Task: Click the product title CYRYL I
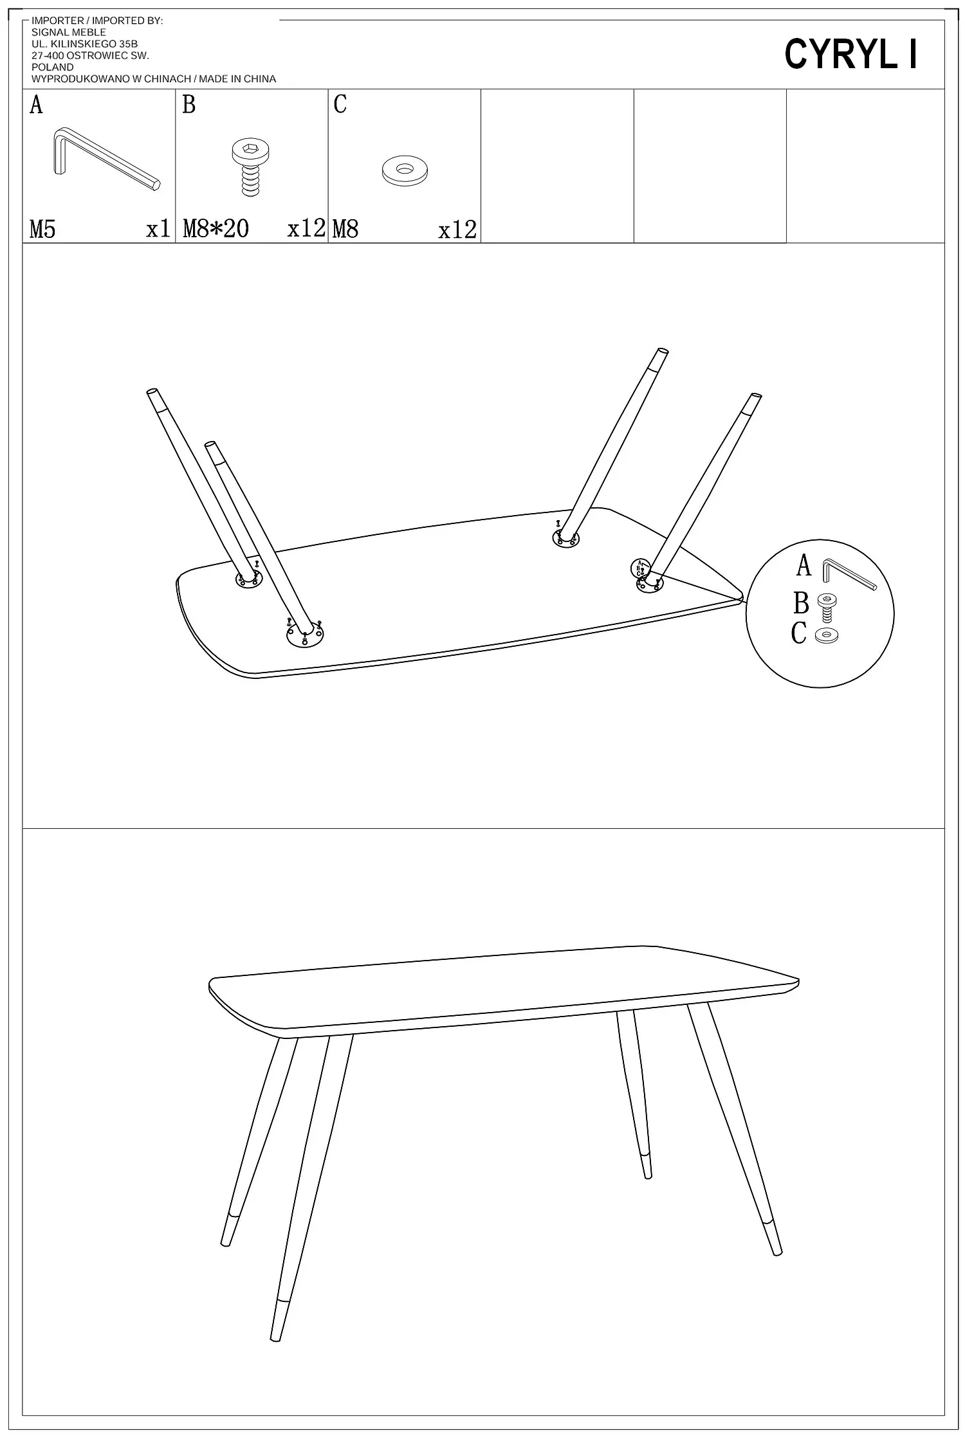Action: point(850,55)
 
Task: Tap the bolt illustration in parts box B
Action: point(251,167)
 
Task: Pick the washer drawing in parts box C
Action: point(405,171)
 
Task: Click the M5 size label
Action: point(42,229)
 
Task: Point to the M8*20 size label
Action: point(216,228)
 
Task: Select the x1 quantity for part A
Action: point(158,229)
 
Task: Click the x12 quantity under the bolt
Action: point(306,228)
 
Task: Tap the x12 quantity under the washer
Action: point(457,230)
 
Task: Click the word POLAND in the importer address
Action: point(53,67)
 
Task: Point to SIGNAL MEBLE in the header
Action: point(69,32)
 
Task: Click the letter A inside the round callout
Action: point(804,565)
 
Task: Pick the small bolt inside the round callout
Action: point(826,606)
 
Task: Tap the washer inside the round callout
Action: point(826,636)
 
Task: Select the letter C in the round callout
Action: point(798,633)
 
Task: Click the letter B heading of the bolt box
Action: point(188,104)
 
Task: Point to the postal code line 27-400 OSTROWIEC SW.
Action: point(90,55)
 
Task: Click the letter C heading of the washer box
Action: point(340,104)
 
